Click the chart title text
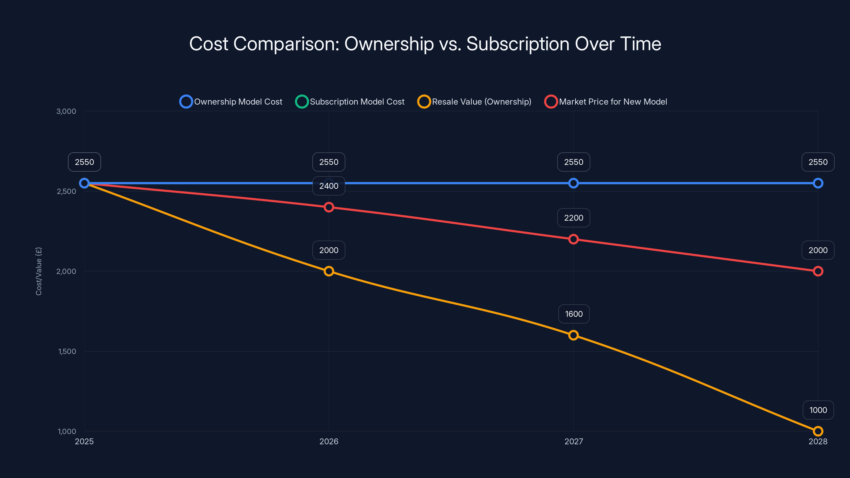(425, 44)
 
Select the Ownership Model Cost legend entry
(231, 102)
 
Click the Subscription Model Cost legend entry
(350, 102)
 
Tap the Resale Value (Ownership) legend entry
(474, 102)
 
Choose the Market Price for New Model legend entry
(606, 102)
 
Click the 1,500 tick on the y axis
(67, 351)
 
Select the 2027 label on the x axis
(573, 441)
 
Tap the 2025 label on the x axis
(84, 441)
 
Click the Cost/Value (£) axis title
(39, 271)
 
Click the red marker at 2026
(329, 207)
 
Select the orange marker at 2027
(573, 335)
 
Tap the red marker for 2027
(573, 239)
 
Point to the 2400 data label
(329, 186)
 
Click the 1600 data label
(573, 314)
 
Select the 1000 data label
(818, 410)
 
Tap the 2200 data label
(573, 218)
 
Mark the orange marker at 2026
(329, 271)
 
